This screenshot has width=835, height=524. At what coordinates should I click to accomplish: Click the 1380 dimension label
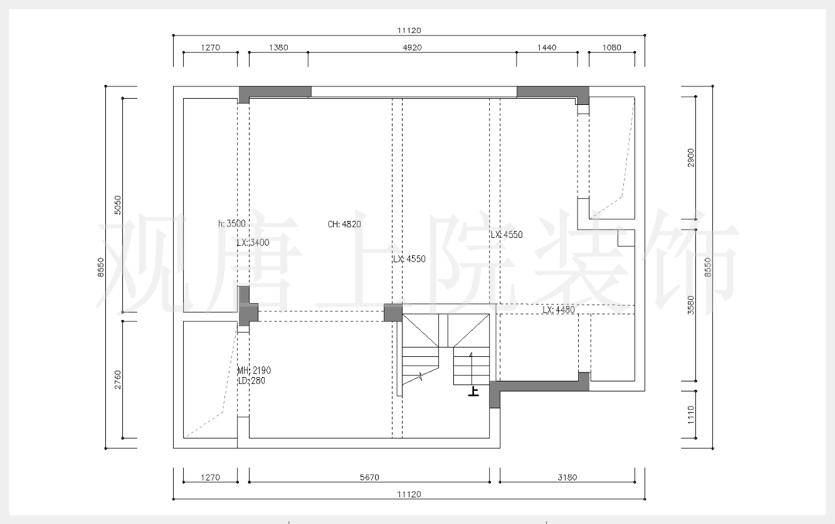tap(278, 47)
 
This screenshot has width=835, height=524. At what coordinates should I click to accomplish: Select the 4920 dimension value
tap(411, 47)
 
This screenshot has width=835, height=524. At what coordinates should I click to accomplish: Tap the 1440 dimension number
tap(547, 47)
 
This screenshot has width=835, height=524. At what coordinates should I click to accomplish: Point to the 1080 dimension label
tap(612, 47)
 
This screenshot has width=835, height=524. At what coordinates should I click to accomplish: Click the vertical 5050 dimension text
tap(118, 205)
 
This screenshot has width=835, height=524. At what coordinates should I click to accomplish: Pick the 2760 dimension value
tap(118, 379)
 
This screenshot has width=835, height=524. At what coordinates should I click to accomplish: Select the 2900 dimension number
tap(690, 158)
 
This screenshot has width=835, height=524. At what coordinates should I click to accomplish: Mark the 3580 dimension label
tap(690, 305)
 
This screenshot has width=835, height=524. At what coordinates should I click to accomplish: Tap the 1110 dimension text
tap(690, 415)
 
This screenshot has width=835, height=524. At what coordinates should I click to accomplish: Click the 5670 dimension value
tap(369, 477)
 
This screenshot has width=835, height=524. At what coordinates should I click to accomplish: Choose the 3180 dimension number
tap(567, 477)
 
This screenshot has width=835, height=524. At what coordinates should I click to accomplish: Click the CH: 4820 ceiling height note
tap(344, 224)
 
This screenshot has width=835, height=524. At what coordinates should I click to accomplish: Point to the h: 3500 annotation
tap(232, 223)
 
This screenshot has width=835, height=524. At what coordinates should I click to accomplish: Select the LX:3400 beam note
tap(253, 243)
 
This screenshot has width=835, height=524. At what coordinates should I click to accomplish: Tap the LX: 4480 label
tap(559, 309)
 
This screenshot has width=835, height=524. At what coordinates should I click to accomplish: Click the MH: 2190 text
tap(254, 370)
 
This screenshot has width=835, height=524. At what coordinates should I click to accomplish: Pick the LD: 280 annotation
tap(251, 381)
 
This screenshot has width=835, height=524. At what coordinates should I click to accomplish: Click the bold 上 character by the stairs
tap(473, 392)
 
